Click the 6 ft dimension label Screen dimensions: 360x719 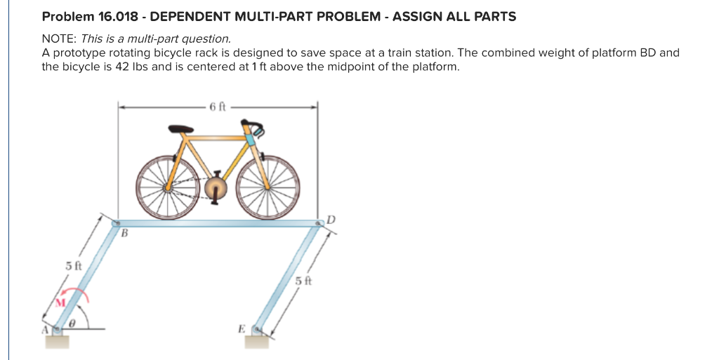[218, 107]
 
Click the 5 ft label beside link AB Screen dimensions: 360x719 [74, 266]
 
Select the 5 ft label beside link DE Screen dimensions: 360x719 [303, 281]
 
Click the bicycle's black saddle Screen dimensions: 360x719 [180, 129]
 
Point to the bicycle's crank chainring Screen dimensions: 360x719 [217, 188]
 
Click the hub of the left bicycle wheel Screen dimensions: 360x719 [167, 188]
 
